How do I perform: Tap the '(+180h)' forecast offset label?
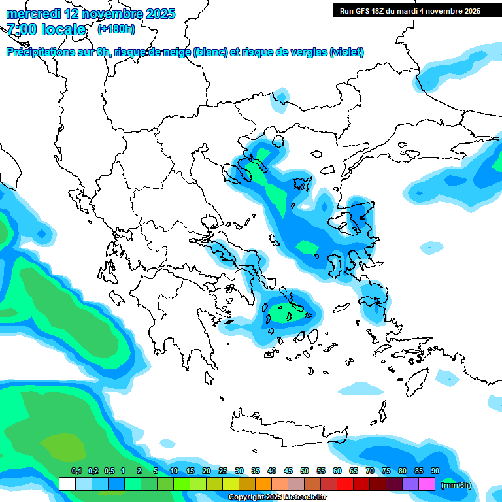point(116,29)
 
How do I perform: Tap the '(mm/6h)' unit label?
point(456,485)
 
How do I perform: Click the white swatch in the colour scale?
point(67,484)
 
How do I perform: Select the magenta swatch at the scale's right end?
point(427,484)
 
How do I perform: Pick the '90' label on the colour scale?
point(435,471)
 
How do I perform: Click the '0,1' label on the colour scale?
point(76,471)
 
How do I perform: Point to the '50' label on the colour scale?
point(305,471)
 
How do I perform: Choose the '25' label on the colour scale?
point(223,471)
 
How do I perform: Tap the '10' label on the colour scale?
point(174,471)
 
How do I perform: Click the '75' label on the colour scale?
point(386,471)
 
